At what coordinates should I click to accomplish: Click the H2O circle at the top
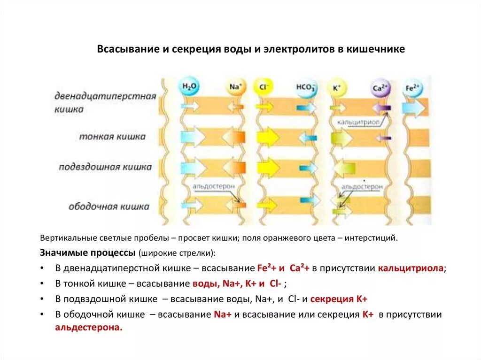point(189,88)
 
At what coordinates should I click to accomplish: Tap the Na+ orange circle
point(235,88)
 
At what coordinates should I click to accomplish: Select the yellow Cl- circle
point(263,88)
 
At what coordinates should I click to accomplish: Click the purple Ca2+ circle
point(380,88)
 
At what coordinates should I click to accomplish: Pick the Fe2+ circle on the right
point(413,88)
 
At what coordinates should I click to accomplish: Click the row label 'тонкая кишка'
point(112,137)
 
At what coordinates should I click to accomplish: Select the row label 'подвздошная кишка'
point(105,167)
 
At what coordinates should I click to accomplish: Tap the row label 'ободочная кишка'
point(109,206)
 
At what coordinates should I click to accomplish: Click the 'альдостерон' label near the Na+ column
point(213,187)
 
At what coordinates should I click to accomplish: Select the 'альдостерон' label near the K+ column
point(362,187)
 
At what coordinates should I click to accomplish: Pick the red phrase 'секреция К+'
point(339,299)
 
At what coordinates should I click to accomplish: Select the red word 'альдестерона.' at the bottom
point(89,328)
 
